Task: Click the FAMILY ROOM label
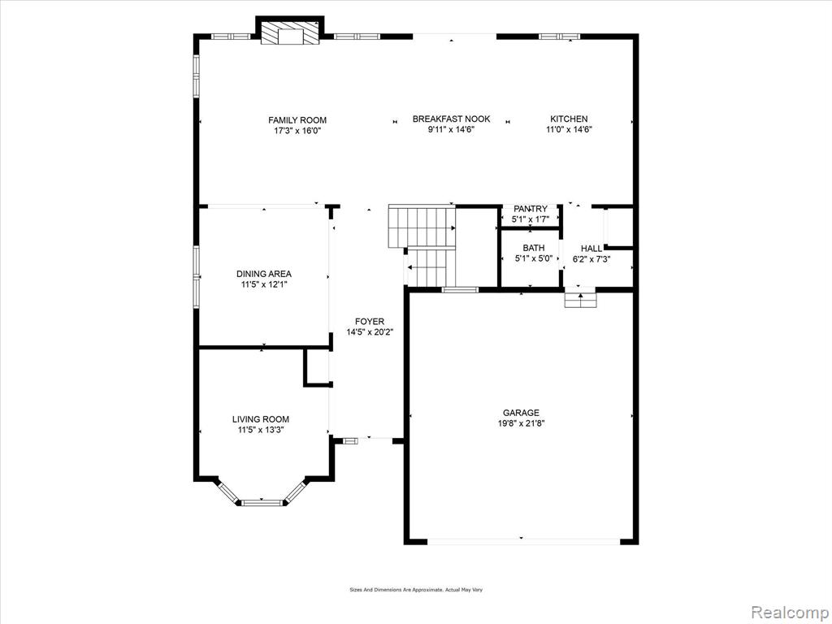[x=297, y=120]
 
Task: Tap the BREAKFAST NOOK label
[x=452, y=119]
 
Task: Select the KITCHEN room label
[x=569, y=119]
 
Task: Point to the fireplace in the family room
[x=291, y=32]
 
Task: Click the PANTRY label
[x=530, y=209]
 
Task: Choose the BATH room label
[x=534, y=248]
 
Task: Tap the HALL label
[x=591, y=249]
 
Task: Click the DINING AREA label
[x=264, y=274]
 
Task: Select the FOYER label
[x=370, y=322]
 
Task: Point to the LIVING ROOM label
[x=261, y=419]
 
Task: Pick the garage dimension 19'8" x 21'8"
[x=521, y=423]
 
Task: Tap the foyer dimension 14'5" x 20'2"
[x=370, y=332]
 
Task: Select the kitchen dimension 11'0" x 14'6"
[x=569, y=129]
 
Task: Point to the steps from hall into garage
[x=580, y=300]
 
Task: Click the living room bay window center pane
[x=262, y=502]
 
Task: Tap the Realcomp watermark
[x=789, y=613]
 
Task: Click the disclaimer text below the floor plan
[x=416, y=590]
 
